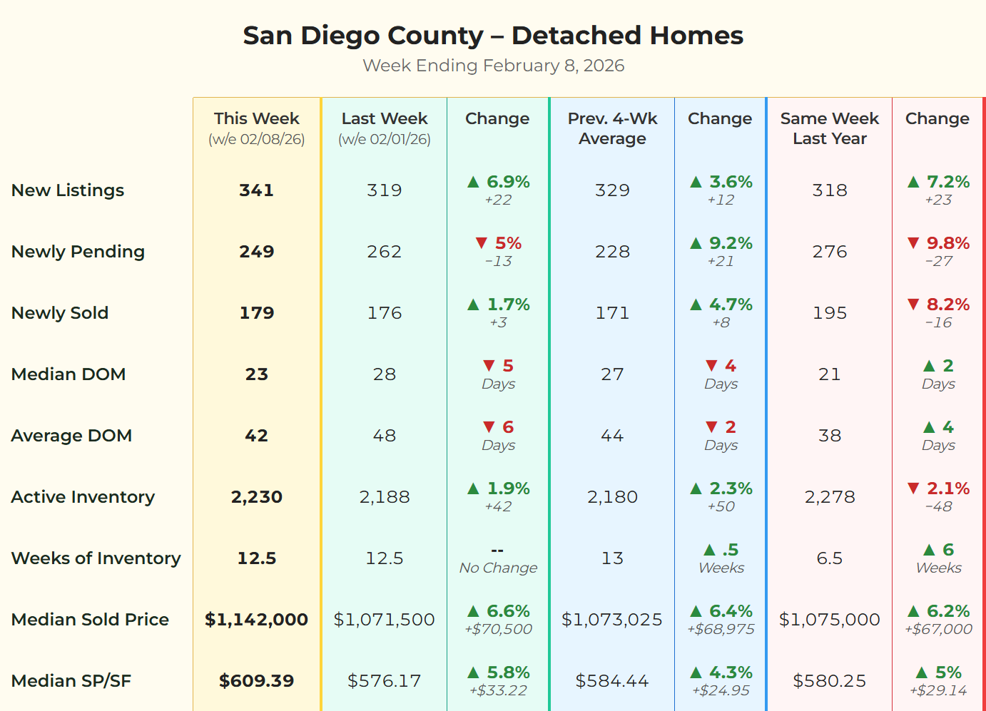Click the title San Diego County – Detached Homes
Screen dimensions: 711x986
(493, 35)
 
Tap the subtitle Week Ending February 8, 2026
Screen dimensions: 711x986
(493, 66)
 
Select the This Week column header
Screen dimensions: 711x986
(256, 118)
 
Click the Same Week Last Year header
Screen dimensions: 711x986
(829, 128)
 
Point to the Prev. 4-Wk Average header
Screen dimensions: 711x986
(612, 128)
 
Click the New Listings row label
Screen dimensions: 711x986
(68, 190)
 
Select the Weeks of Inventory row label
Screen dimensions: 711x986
(96, 558)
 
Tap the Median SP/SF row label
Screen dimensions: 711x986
(71, 681)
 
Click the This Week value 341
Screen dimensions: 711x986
(256, 190)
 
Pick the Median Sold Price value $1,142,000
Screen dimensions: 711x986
(256, 620)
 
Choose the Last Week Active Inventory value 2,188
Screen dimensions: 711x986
(385, 497)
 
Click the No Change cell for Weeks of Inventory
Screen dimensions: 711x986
(498, 568)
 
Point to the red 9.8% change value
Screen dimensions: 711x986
(947, 243)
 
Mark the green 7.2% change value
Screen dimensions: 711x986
(947, 182)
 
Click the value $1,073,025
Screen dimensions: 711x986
(612, 620)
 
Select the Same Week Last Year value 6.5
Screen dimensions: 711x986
(829, 558)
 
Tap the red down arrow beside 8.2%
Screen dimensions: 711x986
(913, 305)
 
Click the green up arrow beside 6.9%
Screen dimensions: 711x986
(473, 182)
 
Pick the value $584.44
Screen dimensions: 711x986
(612, 681)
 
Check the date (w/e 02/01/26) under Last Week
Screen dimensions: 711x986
(385, 139)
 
